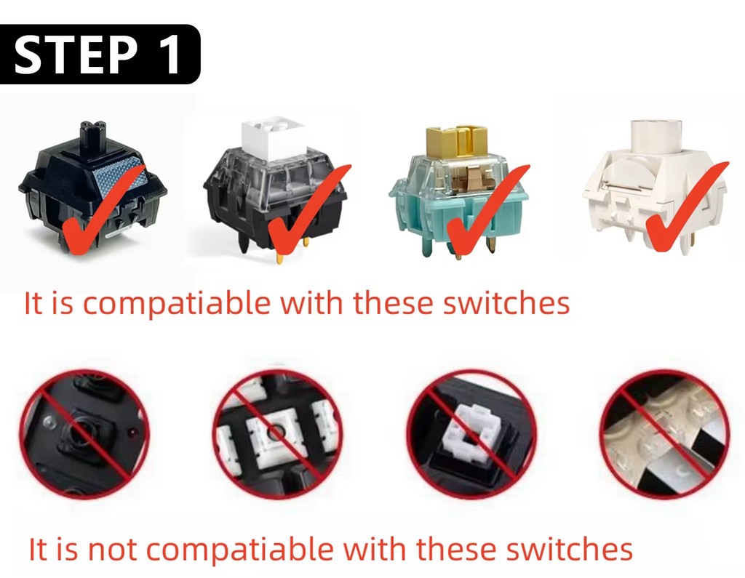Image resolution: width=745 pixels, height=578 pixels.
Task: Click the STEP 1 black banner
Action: click(100, 55)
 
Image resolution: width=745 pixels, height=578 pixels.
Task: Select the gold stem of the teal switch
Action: click(455, 141)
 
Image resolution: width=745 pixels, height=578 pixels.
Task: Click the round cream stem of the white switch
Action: click(656, 136)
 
